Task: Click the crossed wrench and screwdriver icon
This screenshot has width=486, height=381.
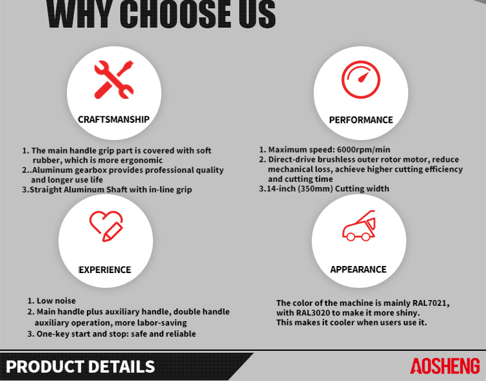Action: [114, 80]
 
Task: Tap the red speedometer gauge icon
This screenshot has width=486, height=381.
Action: [361, 80]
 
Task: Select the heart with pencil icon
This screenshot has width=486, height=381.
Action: [106, 226]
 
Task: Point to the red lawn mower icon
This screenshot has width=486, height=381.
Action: [359, 226]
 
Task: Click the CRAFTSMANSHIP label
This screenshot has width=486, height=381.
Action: [114, 120]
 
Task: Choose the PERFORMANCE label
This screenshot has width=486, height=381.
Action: [361, 120]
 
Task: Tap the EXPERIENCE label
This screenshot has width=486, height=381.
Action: [105, 270]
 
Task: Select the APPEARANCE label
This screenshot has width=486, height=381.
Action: [358, 269]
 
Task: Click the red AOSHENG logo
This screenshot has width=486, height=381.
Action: [445, 366]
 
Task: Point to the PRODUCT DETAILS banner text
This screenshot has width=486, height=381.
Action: [80, 367]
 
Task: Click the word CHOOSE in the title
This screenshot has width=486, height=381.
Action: [177, 14]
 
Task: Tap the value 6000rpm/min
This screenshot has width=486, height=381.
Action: [364, 150]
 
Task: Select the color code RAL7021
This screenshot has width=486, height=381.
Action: [431, 303]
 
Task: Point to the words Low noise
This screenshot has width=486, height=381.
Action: [56, 301]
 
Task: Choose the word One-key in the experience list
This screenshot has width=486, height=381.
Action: [49, 334]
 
